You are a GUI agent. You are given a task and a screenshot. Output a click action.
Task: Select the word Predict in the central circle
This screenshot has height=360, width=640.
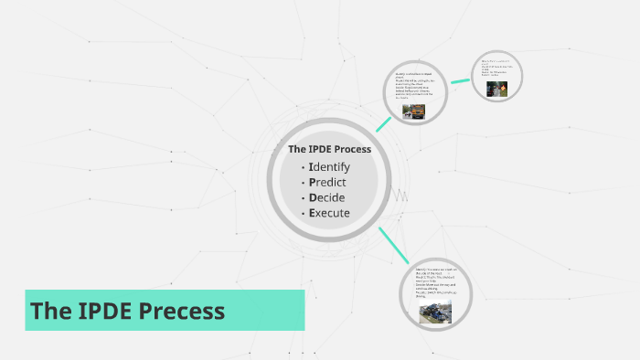coord(328,182)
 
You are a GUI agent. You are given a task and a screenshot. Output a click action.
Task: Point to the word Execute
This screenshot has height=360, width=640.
coord(329,213)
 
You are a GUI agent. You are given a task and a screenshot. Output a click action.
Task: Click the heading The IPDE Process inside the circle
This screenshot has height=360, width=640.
coord(329,149)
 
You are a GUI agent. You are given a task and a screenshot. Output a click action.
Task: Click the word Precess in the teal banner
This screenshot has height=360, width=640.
coord(182,311)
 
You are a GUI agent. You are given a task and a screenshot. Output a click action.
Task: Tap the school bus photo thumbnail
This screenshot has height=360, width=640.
coord(412,111)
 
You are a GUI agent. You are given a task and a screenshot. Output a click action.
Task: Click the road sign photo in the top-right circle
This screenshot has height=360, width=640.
coord(496,90)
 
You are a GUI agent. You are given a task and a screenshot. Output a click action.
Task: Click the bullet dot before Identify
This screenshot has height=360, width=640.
coord(303,168)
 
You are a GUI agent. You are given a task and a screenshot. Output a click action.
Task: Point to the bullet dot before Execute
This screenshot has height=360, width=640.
coord(303,214)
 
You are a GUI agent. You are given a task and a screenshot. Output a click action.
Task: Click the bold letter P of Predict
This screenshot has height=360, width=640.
coord(313,182)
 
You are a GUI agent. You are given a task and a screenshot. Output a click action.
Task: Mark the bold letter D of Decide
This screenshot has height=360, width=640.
coord(314,197)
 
